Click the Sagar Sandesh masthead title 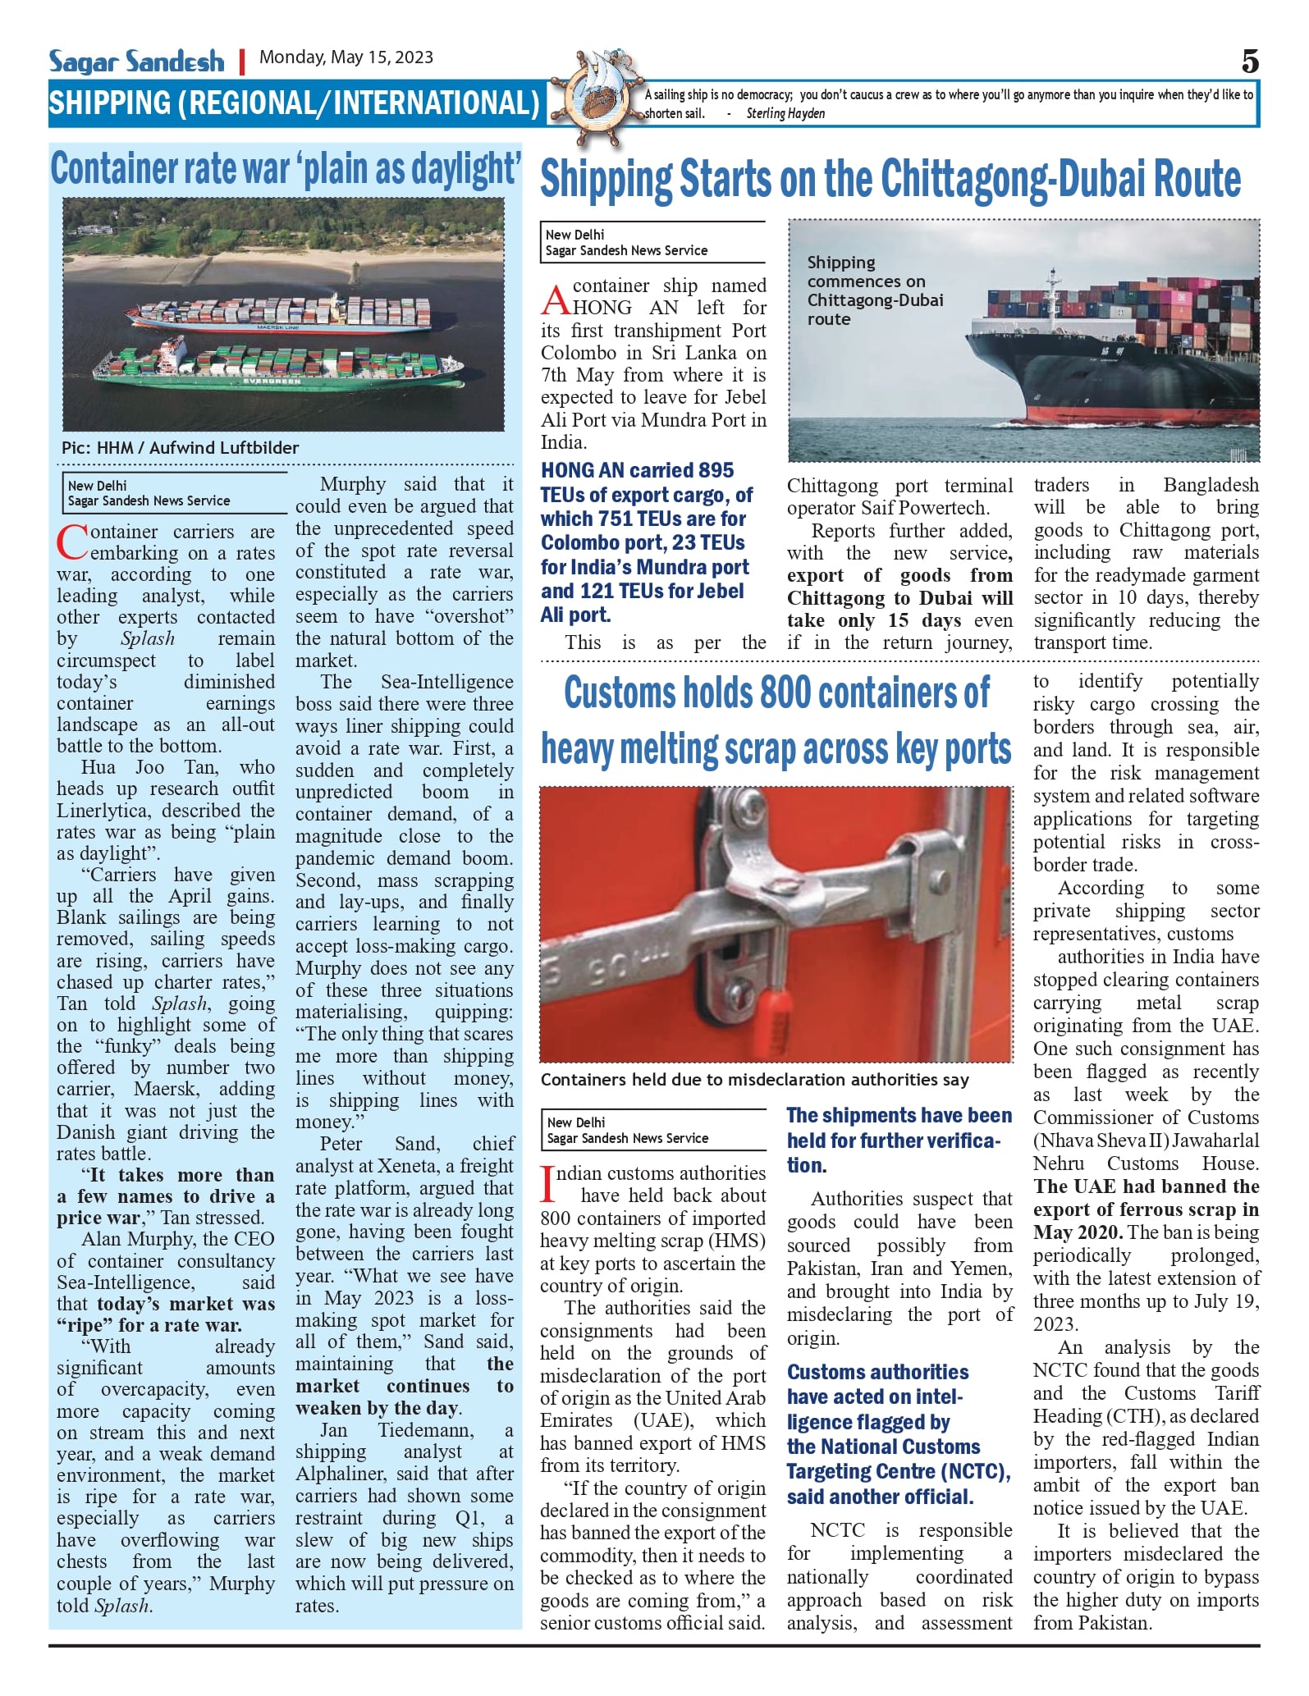point(136,62)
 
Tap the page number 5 point(1249,62)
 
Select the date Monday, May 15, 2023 point(346,57)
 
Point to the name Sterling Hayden point(785,114)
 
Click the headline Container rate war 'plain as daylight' point(286,170)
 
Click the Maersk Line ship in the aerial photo point(279,316)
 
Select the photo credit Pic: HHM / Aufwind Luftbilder point(180,448)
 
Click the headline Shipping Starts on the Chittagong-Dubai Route point(890,180)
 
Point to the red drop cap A point(555,300)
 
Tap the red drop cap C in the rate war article point(72,542)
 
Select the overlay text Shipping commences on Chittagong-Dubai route point(875,290)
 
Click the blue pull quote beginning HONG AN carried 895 point(646,542)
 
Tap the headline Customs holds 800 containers point(776,720)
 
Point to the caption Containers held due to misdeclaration point(754,1080)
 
